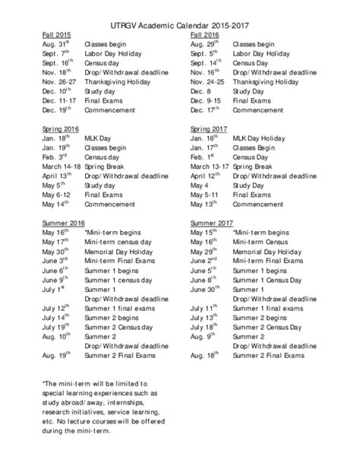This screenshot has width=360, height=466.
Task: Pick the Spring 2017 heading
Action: (x=208, y=129)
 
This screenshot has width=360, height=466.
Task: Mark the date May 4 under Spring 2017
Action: (x=200, y=184)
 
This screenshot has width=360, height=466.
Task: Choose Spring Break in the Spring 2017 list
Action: (x=252, y=165)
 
